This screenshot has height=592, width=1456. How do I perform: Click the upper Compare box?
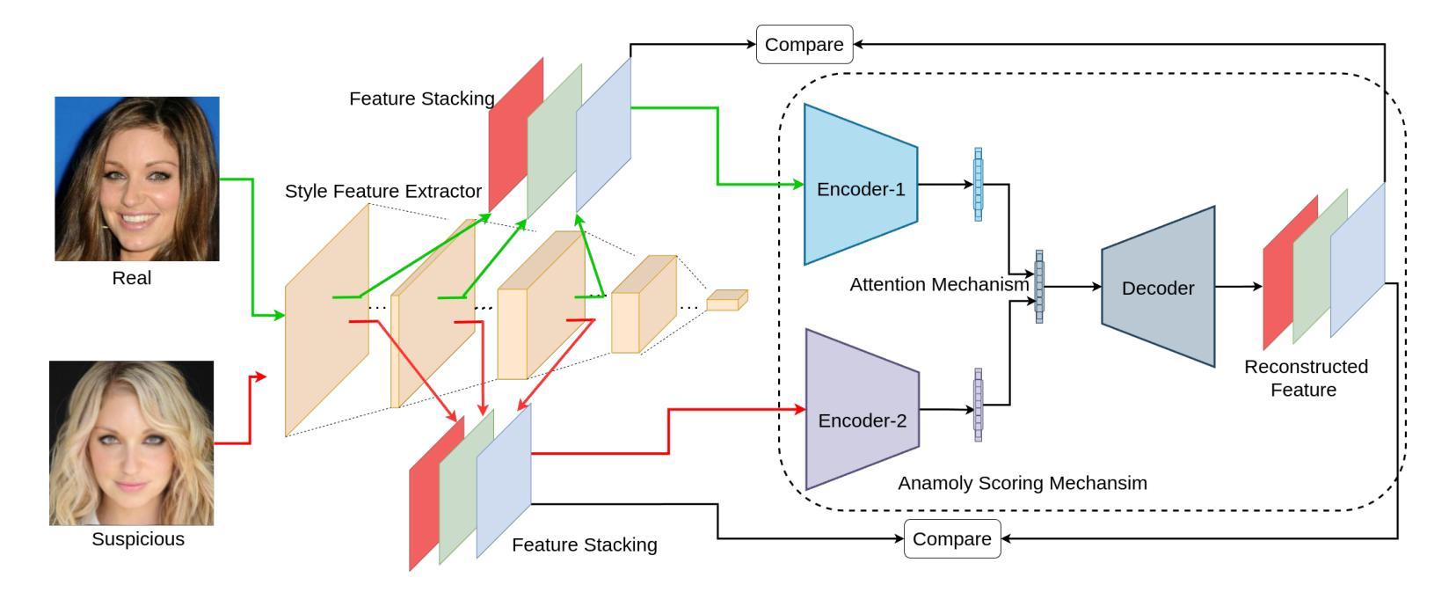pyautogui.click(x=804, y=44)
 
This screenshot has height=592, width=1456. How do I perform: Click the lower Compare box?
pyautogui.click(x=952, y=538)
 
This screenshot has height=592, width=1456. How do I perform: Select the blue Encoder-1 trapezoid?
pyautogui.click(x=861, y=185)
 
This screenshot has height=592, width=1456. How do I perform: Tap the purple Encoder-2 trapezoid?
pyautogui.click(x=862, y=409)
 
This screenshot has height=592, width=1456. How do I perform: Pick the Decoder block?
pyautogui.click(x=1158, y=287)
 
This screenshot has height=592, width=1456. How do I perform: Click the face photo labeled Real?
pyautogui.click(x=137, y=179)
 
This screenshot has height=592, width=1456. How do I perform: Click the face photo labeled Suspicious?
pyautogui.click(x=131, y=443)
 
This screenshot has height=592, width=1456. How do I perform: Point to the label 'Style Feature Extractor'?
pyautogui.click(x=382, y=191)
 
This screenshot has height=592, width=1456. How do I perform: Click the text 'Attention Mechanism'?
pyautogui.click(x=939, y=284)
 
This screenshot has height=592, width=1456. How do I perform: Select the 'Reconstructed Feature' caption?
pyautogui.click(x=1306, y=378)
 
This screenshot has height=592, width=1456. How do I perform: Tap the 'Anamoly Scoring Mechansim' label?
pyautogui.click(x=1023, y=483)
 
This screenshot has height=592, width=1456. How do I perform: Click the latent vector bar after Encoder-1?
pyautogui.click(x=979, y=185)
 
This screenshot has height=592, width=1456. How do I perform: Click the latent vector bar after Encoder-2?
pyautogui.click(x=979, y=406)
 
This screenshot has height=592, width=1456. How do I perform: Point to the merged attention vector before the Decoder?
pyautogui.click(x=1039, y=287)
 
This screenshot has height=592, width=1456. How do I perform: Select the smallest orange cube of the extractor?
pyautogui.click(x=727, y=300)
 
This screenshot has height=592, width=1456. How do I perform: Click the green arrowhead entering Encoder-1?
pyautogui.click(x=799, y=185)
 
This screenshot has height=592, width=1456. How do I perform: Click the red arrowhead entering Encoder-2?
pyautogui.click(x=800, y=409)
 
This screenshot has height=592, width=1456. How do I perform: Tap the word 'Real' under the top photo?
pyautogui.click(x=131, y=278)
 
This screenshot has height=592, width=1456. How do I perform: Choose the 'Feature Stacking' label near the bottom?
pyautogui.click(x=585, y=544)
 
